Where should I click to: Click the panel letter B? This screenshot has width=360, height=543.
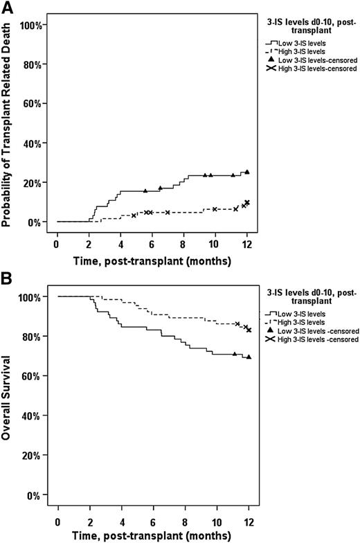[x=7, y=281]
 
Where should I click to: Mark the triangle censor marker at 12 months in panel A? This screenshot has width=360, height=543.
[x=247, y=172]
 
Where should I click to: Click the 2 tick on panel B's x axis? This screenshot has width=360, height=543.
[x=90, y=521]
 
